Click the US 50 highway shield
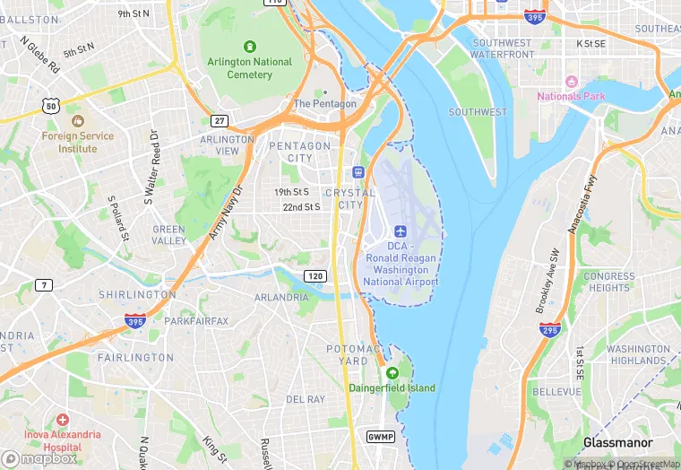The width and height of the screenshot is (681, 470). click(50, 107)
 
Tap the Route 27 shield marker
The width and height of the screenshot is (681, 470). click(219, 120)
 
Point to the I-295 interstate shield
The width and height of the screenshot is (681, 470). click(551, 330)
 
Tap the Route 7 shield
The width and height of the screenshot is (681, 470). click(44, 285)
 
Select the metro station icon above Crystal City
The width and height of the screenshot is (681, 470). click(358, 172)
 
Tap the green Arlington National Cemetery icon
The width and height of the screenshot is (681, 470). click(250, 46)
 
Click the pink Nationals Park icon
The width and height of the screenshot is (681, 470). click(571, 82)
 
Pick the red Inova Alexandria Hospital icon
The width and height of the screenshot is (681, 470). click(62, 420)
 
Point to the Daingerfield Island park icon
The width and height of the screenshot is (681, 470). click(391, 373)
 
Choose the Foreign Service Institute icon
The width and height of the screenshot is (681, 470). click(77, 120)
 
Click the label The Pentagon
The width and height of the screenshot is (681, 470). click(324, 103)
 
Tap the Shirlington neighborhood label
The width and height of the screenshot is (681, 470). click(137, 294)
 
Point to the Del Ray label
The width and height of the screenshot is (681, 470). click(305, 398)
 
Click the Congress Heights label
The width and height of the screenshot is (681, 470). click(609, 282)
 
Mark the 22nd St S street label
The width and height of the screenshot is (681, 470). click(301, 207)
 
